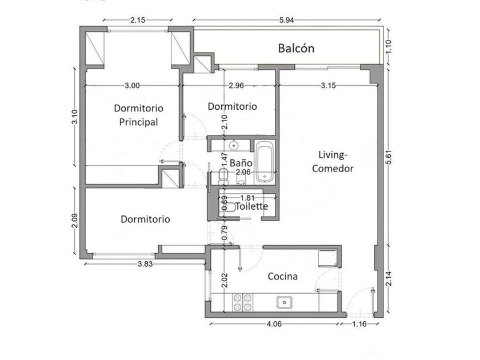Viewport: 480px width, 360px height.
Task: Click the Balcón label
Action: [x=296, y=49]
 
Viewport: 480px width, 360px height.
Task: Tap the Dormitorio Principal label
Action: [x=138, y=115]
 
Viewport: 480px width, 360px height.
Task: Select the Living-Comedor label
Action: [x=333, y=162]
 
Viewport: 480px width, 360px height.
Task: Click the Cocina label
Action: [x=282, y=277]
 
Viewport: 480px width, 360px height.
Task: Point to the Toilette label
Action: [x=252, y=206]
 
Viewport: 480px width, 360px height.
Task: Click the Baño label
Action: [x=241, y=163]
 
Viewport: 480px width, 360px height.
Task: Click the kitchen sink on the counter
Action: [x=285, y=302]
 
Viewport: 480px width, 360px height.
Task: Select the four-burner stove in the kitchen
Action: [x=243, y=302]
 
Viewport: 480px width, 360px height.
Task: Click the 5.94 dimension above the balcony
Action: [x=286, y=20]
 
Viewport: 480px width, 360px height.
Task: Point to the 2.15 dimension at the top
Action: [x=138, y=20]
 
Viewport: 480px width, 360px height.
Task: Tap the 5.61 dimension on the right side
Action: [x=389, y=157]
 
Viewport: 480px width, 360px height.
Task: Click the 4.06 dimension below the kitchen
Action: [x=274, y=324]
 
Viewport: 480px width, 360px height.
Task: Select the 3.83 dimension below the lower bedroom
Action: [x=145, y=264]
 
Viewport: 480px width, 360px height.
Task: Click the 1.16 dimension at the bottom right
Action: [x=359, y=324]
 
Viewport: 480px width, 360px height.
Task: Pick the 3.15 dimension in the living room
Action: [x=328, y=86]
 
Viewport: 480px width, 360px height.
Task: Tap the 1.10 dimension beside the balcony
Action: [x=389, y=46]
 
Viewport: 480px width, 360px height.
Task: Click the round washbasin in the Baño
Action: [x=234, y=145]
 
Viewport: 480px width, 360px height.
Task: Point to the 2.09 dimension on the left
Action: [x=74, y=221]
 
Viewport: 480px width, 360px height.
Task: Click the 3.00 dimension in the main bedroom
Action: [x=132, y=86]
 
